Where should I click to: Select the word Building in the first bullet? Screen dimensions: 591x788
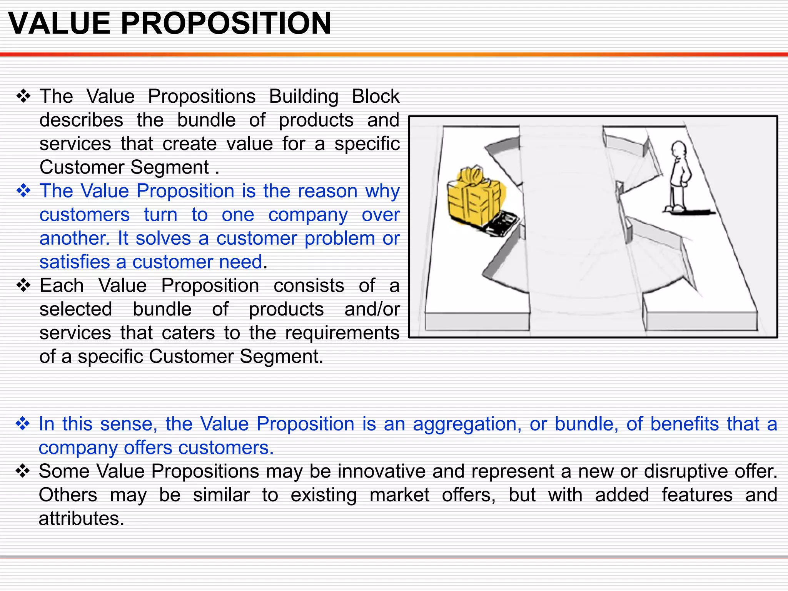[x=304, y=97]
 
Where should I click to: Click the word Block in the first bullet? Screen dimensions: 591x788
[x=376, y=96]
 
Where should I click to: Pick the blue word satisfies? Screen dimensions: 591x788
[x=75, y=262]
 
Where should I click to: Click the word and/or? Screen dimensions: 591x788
[x=372, y=309]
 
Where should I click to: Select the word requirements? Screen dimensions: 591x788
[x=342, y=333]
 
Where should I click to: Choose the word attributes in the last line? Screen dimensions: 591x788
[x=81, y=519]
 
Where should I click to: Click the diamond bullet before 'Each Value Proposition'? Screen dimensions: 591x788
[x=23, y=285]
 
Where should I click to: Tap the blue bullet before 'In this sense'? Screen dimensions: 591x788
[x=23, y=424]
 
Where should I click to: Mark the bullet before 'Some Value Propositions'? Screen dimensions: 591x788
[x=23, y=471]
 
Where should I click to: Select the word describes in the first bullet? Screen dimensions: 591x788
[x=81, y=120]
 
